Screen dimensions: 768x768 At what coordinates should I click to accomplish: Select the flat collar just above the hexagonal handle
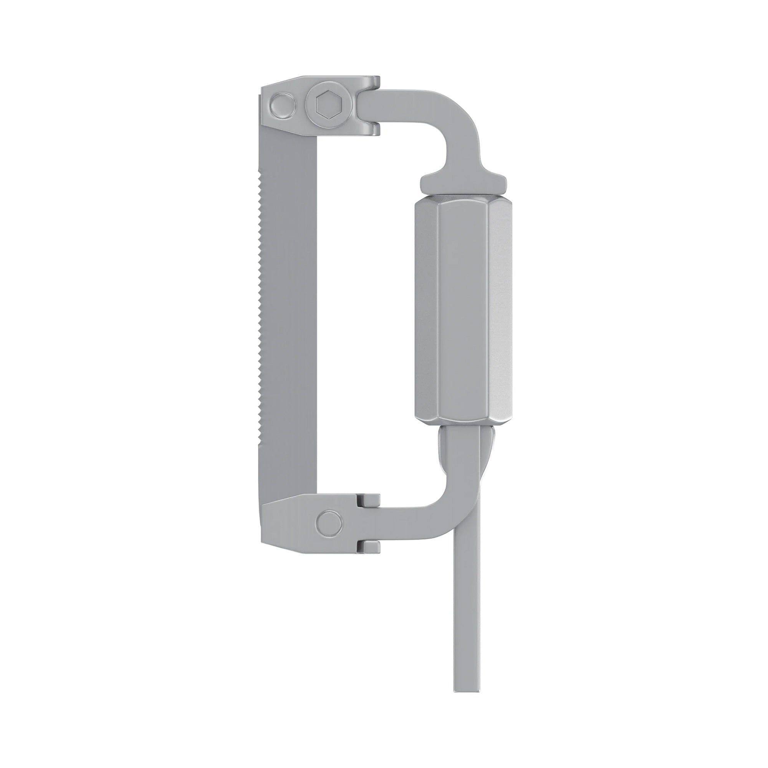pyautogui.click(x=463, y=185)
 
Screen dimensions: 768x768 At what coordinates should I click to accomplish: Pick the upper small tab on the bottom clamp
pyautogui.click(x=369, y=500)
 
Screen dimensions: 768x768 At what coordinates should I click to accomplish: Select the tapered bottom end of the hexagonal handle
pyautogui.click(x=463, y=420)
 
